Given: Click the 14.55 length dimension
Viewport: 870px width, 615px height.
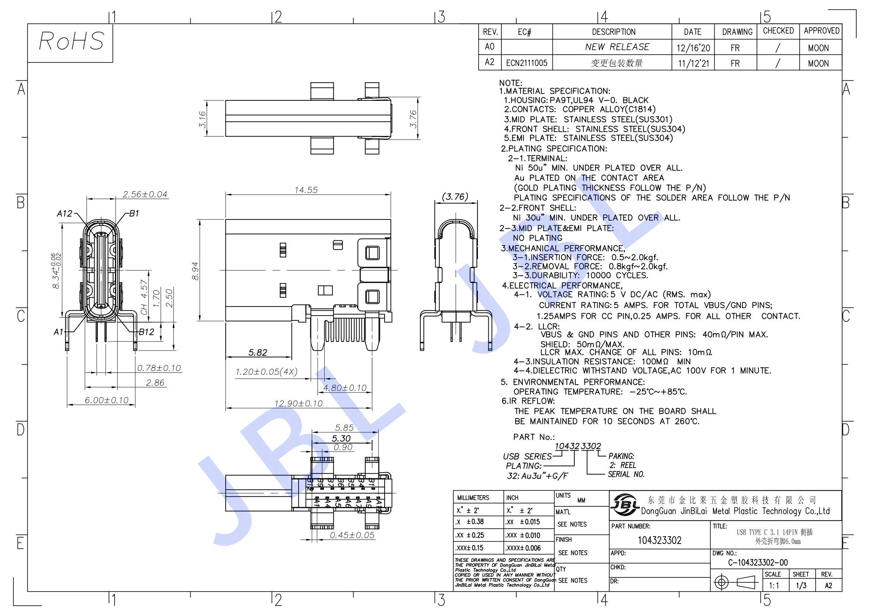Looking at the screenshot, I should (306, 190).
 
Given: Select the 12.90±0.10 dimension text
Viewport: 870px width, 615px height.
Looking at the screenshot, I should (299, 404).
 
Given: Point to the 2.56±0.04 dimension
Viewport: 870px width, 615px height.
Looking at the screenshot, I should (145, 194).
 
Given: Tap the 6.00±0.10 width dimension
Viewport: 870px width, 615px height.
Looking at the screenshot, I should (106, 400).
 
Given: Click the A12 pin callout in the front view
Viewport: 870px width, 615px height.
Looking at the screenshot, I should (64, 213).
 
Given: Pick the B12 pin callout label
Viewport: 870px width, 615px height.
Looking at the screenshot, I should (146, 332).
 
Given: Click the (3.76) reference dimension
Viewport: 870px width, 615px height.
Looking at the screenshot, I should (455, 197).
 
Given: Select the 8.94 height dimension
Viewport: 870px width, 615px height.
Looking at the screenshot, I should (195, 270).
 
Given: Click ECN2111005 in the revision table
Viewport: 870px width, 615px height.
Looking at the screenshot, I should (527, 63).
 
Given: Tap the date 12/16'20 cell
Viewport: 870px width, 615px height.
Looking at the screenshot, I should (693, 48).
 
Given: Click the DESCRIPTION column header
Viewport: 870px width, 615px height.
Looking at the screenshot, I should (613, 32).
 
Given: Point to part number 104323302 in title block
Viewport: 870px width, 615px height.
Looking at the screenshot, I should (659, 540).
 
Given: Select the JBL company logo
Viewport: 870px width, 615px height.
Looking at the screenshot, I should (625, 505).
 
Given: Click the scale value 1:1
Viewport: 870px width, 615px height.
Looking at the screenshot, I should (774, 586).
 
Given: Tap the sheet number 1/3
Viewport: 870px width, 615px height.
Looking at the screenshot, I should (801, 586).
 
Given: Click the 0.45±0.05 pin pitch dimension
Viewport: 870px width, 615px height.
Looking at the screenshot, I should (352, 535).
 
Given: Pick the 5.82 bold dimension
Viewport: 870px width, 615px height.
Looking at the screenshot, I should (258, 352).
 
